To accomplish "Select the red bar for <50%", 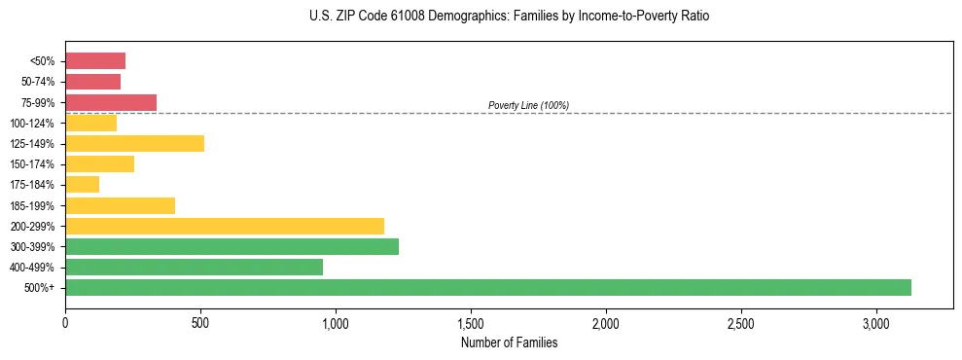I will (x=95, y=61).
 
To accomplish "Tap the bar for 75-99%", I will (x=111, y=102).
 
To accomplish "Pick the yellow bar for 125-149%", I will (x=134, y=144).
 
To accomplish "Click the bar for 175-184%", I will (x=83, y=185).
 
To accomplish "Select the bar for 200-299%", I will (x=225, y=226).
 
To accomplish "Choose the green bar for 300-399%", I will (x=232, y=246).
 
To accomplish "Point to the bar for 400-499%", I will (x=194, y=267).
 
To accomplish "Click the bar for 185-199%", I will (x=120, y=205).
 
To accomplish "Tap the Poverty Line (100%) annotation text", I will (x=528, y=105).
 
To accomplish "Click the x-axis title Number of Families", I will (x=509, y=342).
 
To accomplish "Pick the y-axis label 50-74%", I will (x=38, y=82).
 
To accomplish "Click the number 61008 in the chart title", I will (x=386, y=17).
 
